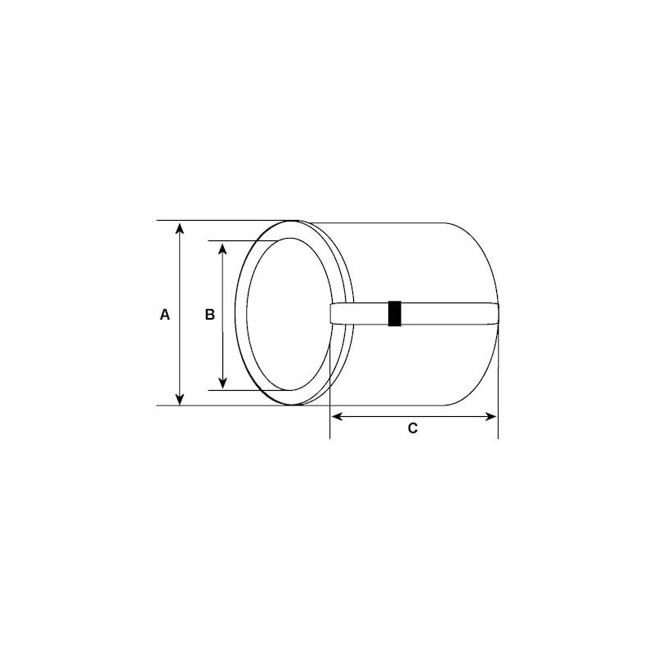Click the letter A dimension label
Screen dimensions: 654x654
coord(165,314)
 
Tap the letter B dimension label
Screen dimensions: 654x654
coord(210,314)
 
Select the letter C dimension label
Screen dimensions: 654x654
coord(413,428)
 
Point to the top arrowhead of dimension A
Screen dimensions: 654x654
coord(181,227)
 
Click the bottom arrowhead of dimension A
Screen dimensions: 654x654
coord(181,399)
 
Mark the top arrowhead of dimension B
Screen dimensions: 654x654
coord(222,247)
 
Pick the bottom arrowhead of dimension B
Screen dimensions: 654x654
coord(222,383)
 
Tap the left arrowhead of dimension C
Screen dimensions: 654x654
coord(336,416)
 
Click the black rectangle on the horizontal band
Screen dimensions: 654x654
coord(395,314)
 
